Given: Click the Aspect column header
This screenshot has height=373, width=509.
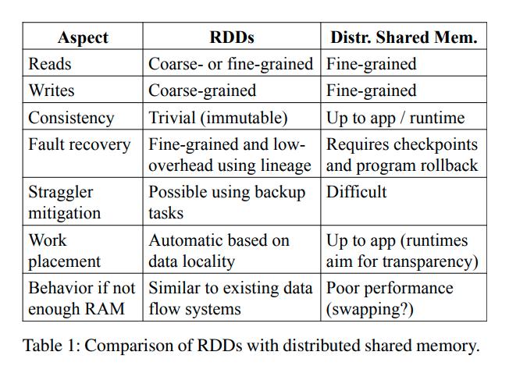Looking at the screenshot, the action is [83, 37].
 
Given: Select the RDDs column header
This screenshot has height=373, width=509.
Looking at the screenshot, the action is [232, 37].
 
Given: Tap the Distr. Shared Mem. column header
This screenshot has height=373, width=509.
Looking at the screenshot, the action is [404, 37].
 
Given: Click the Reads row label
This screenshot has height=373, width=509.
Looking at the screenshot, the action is [50, 64].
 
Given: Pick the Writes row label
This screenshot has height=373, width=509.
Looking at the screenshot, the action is [52, 91].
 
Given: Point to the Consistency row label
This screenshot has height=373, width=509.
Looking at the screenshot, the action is [71, 118].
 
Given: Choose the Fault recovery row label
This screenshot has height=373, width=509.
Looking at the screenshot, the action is [80, 144].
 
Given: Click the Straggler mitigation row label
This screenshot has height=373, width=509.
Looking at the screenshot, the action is [64, 202].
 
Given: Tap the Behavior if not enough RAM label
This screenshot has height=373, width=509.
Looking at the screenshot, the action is [81, 298].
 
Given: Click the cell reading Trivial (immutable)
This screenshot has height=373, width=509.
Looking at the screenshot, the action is [218, 118].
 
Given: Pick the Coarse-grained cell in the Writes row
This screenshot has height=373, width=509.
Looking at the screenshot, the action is [202, 91].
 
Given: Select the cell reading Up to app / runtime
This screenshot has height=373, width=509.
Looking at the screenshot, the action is [395, 118].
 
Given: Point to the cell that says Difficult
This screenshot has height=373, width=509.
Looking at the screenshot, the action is [356, 192].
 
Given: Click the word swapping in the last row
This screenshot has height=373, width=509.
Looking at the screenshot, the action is [366, 309].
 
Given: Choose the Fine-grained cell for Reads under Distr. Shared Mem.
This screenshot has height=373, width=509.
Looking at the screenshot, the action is [371, 64].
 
